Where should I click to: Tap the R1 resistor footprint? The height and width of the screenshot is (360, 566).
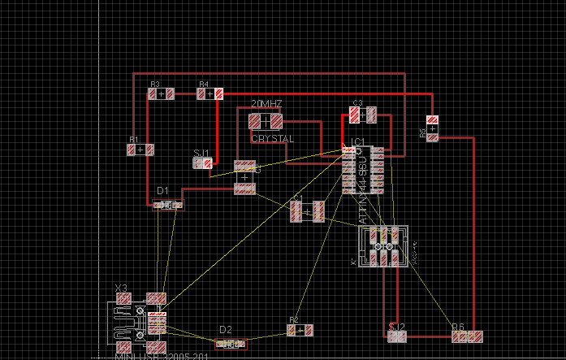tap(140, 150)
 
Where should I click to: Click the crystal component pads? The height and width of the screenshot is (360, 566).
tap(265, 121)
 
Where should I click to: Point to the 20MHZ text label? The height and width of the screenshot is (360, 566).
tap(266, 105)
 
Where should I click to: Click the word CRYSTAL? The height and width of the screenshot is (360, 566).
tap(273, 139)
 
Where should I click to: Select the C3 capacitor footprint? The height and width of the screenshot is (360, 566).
tap(364, 116)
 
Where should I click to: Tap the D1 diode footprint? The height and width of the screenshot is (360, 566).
tap(169, 205)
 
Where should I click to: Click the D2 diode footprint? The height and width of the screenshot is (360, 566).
tap(231, 345)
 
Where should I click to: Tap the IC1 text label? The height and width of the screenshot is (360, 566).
tap(357, 141)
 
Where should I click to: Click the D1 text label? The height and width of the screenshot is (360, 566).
tap(163, 192)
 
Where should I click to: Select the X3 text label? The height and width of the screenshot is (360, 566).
tap(121, 288)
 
